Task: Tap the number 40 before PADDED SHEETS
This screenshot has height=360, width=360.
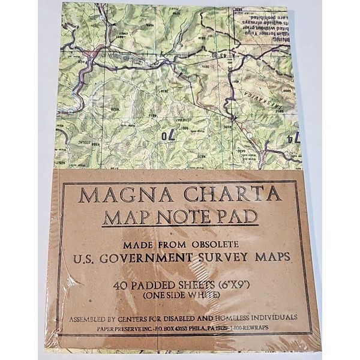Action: pos(124,284)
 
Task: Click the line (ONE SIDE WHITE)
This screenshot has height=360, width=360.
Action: pos(181,295)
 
